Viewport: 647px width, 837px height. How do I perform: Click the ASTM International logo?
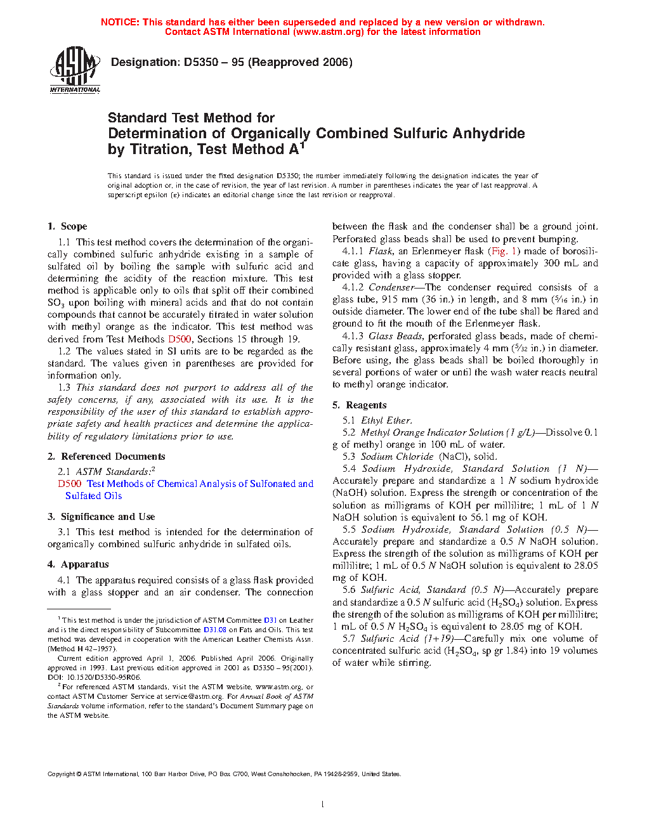74,70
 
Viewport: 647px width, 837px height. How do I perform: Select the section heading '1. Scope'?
67,226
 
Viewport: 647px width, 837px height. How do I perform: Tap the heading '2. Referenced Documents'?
107,457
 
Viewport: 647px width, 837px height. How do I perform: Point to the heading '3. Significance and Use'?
101,517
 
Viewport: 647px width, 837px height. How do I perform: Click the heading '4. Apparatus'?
78,564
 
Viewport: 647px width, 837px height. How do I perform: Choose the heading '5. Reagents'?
360,405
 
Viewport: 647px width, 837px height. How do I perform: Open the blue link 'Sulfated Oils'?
93,496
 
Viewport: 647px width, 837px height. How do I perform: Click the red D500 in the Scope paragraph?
180,339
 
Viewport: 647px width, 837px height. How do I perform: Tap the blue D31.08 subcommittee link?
214,630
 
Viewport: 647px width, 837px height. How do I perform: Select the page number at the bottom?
323,805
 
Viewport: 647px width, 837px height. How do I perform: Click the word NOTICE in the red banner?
120,22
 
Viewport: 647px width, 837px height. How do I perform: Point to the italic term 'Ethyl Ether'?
386,420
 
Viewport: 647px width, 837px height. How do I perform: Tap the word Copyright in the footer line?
62,774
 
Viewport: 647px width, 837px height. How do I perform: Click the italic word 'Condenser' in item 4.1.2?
391,287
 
